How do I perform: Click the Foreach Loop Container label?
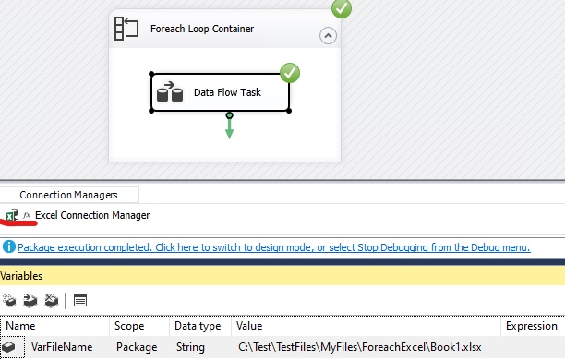202,29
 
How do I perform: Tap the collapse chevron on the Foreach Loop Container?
328,36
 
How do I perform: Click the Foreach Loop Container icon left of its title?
126,29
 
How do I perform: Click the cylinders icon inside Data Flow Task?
170,92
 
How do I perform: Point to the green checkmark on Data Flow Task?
290,72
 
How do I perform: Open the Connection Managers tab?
69,195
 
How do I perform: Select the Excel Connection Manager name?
92,215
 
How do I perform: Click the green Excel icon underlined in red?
11,215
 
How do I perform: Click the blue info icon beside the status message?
8,247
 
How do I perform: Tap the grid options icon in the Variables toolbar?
80,300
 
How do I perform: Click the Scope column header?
129,326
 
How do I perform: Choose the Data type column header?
197,326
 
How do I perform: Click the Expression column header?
531,326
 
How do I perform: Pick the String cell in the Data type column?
190,347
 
